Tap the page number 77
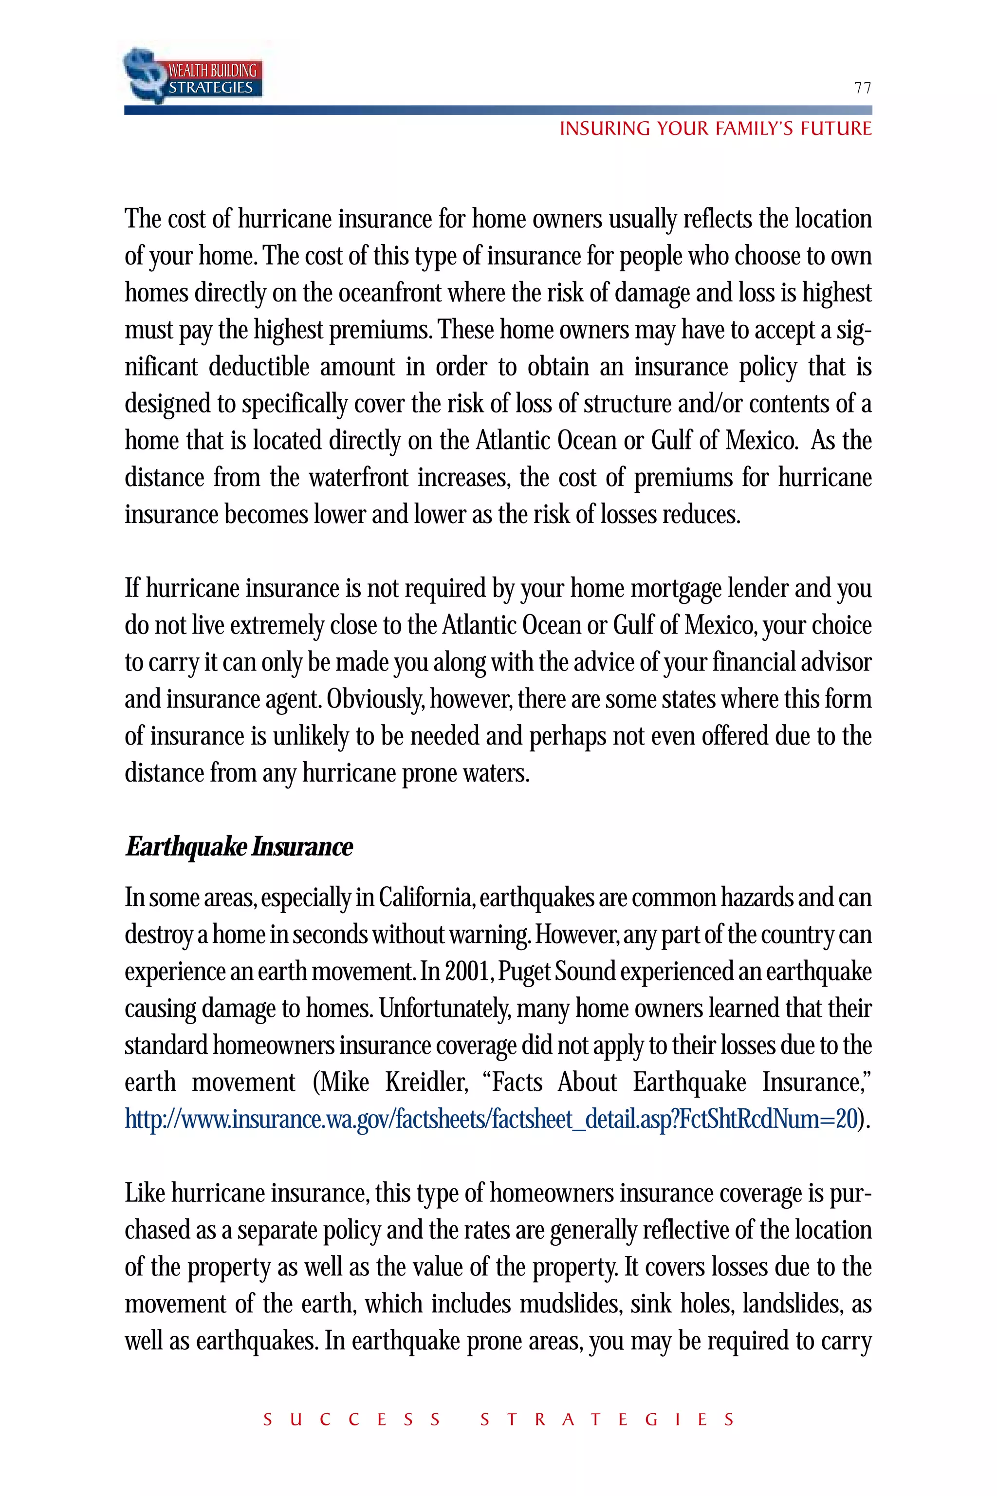[x=862, y=88]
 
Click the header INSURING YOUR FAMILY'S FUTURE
[x=715, y=129]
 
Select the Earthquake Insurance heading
[x=239, y=846]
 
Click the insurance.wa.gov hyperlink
[x=491, y=1119]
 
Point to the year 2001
[x=467, y=971]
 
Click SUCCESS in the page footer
[x=351, y=1419]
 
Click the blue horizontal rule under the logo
[x=498, y=110]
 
